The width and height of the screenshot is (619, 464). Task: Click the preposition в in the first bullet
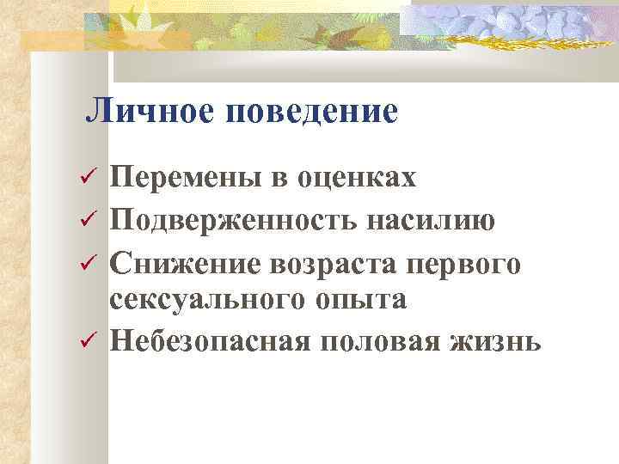[x=279, y=180]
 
